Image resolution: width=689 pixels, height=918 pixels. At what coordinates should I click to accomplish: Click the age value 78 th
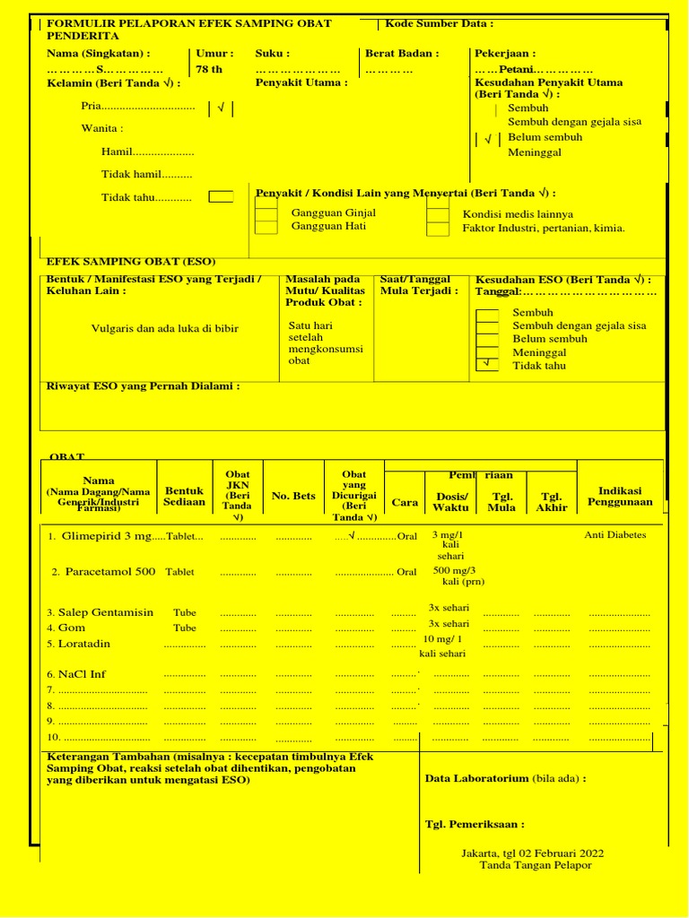209,69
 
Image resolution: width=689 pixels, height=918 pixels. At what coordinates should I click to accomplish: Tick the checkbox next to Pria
221,108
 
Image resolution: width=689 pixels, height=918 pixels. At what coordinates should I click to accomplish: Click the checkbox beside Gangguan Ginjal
266,214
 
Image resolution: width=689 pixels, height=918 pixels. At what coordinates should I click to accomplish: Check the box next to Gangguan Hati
266,228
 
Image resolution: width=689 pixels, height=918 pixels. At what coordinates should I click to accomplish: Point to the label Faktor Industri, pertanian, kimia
543,228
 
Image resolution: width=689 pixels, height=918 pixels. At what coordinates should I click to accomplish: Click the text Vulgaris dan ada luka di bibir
165,329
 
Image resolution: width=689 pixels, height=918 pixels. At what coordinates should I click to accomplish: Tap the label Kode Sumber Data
439,23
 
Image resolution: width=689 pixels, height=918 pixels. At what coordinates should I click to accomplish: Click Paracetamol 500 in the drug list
109,571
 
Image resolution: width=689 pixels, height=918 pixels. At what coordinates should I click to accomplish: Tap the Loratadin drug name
84,644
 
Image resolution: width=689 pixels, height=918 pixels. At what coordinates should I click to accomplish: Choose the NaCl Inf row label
82,673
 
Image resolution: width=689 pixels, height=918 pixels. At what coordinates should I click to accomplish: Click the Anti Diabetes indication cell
615,535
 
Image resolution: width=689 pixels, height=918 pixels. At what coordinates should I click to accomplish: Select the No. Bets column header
293,496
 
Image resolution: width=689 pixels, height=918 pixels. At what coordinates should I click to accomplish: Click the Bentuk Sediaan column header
184,497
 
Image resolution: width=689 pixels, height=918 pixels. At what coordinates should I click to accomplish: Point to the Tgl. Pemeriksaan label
475,824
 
